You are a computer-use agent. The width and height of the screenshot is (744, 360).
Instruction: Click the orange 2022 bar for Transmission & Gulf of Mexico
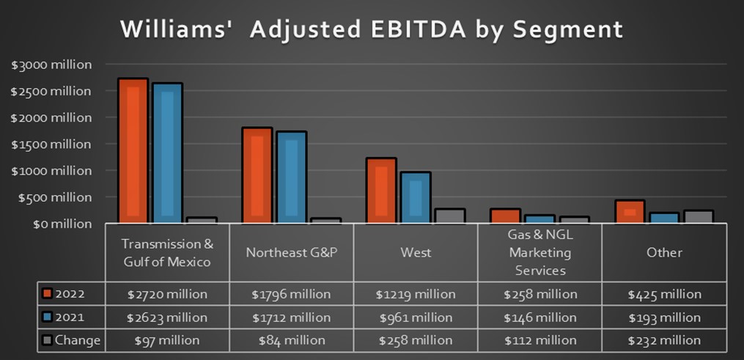(x=133, y=150)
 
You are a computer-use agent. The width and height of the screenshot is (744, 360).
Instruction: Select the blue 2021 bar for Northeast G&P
(x=291, y=177)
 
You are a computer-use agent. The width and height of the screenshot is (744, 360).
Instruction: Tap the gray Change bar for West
(x=449, y=216)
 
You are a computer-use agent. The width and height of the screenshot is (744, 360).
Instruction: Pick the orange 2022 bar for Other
(x=629, y=211)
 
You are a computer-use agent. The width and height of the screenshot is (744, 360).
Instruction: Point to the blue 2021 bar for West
(x=416, y=197)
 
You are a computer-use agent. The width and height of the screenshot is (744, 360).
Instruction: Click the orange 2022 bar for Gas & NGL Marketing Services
(x=506, y=216)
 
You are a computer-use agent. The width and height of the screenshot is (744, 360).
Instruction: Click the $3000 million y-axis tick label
(x=51, y=65)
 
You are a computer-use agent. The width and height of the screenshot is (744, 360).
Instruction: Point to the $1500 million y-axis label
(x=51, y=144)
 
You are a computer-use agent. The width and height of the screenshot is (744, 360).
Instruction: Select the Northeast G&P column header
(x=291, y=252)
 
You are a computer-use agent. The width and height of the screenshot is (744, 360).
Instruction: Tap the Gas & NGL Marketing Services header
(x=539, y=252)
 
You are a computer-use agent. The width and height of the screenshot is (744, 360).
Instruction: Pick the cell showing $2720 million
(x=167, y=294)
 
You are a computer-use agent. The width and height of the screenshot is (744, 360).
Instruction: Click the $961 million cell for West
(x=416, y=317)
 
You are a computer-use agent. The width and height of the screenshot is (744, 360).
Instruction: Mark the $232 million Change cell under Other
(x=664, y=340)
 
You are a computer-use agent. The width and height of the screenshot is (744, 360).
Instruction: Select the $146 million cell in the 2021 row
(x=539, y=317)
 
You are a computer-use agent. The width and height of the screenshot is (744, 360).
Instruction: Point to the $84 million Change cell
(x=291, y=340)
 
